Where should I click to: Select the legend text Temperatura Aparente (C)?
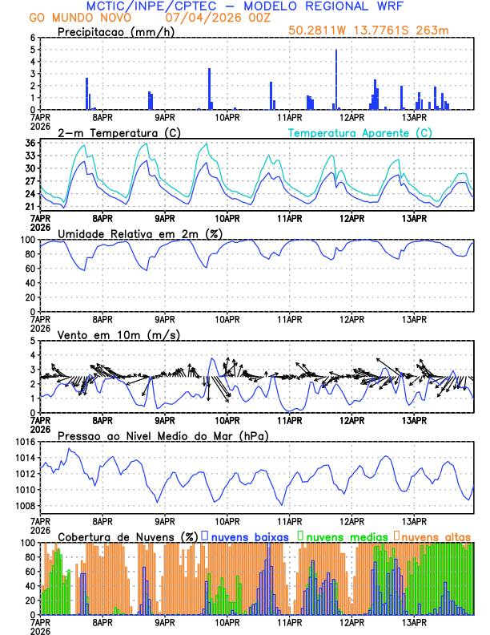click(x=360, y=132)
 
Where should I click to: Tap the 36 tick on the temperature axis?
click(x=30, y=144)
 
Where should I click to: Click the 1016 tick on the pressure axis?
click(x=22, y=442)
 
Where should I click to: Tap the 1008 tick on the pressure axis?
click(x=22, y=506)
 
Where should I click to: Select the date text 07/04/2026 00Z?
click(x=216, y=17)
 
